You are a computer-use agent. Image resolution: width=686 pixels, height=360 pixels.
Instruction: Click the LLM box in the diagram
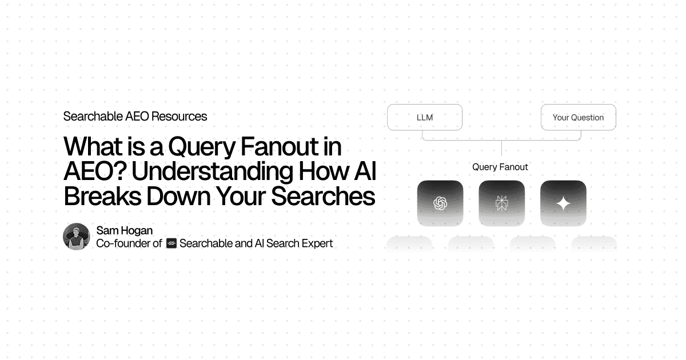click(x=424, y=117)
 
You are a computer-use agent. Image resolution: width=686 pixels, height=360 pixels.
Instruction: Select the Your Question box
click(x=578, y=117)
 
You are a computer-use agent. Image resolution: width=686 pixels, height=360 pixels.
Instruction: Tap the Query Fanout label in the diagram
click(x=500, y=167)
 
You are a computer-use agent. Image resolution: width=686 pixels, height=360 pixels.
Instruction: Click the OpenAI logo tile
click(x=440, y=203)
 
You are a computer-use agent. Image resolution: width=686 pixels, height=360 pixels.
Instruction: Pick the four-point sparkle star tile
click(x=563, y=203)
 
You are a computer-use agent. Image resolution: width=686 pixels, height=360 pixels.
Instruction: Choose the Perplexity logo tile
click(x=501, y=203)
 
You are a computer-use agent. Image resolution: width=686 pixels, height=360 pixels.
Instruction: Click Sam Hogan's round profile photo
click(x=77, y=237)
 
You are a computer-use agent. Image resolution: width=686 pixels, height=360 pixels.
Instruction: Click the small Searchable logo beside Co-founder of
click(x=171, y=243)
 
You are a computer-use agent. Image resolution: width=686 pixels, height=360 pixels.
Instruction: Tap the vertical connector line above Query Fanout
click(x=501, y=148)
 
